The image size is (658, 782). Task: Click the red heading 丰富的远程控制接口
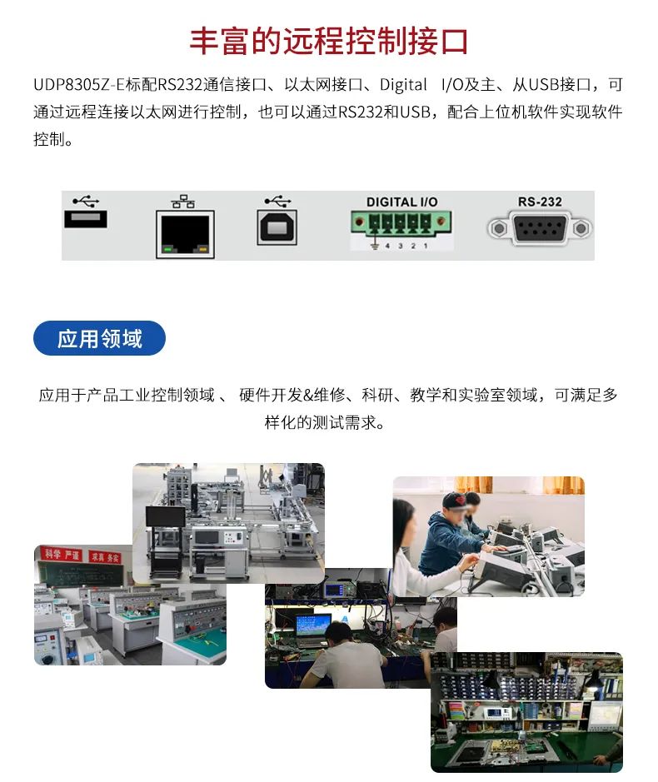pos(329,41)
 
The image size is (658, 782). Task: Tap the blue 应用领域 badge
pos(99,338)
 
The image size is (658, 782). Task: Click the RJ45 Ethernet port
pos(185,234)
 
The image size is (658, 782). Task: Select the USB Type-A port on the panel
pos(85,219)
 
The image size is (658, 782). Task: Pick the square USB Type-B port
pos(277,227)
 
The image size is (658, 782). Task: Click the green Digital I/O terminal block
pos(401,222)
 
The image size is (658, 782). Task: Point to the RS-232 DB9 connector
pos(539,228)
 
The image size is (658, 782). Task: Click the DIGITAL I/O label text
pos(401,202)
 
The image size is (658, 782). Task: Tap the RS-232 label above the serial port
pos(540,202)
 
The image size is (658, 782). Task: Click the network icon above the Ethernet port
pos(183,201)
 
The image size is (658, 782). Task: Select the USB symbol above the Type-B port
pos(278,201)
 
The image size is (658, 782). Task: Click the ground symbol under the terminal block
pos(374,246)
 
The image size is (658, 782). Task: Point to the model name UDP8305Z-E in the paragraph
pos(79,85)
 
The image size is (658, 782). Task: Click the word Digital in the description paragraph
pos(403,85)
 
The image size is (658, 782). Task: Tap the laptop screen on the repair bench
pos(314,625)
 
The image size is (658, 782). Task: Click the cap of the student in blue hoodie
pos(456,500)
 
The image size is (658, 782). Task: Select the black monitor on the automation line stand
pos(165,516)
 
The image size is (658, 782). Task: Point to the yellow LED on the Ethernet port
pos(202,248)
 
